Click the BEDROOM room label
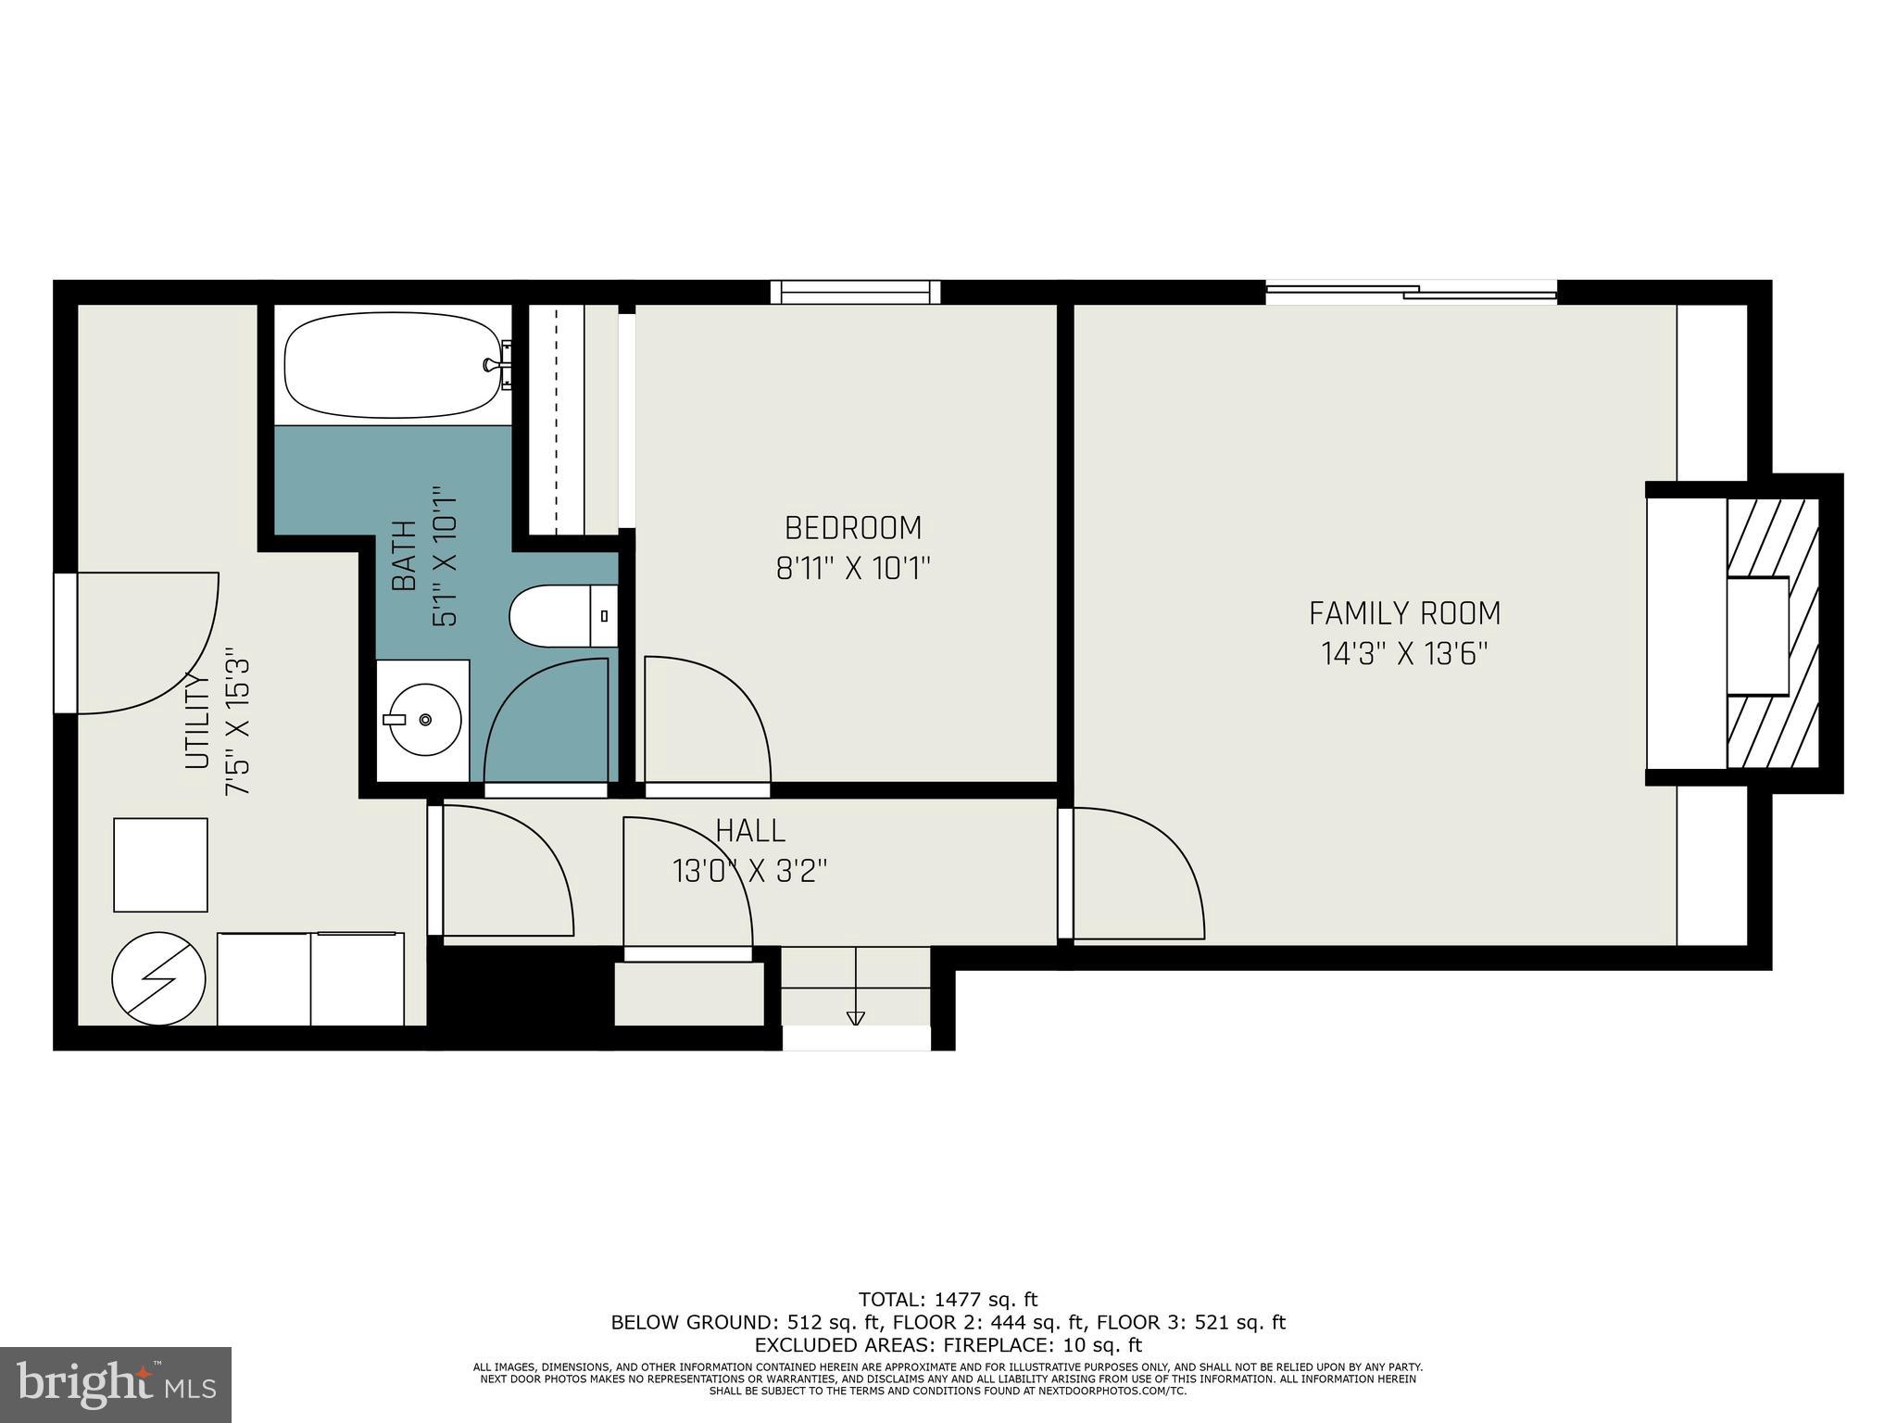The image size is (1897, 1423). [x=853, y=528]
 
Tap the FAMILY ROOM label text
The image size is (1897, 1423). [x=1404, y=613]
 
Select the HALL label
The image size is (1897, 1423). [x=750, y=830]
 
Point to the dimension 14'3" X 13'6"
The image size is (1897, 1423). [x=1404, y=654]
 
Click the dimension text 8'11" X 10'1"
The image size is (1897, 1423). [x=853, y=568]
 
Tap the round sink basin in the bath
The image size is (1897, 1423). [x=424, y=720]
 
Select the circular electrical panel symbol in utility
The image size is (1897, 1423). [x=158, y=978]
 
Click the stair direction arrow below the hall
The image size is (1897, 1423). [x=855, y=1017]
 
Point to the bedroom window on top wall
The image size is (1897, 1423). [x=855, y=292]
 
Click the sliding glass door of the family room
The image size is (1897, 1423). [x=1411, y=293]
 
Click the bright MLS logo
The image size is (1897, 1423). [x=116, y=1384]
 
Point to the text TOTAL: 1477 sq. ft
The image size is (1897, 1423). [x=948, y=1300]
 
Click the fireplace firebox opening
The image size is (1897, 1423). [x=1757, y=636]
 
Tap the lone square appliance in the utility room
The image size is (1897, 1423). [x=160, y=864]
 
